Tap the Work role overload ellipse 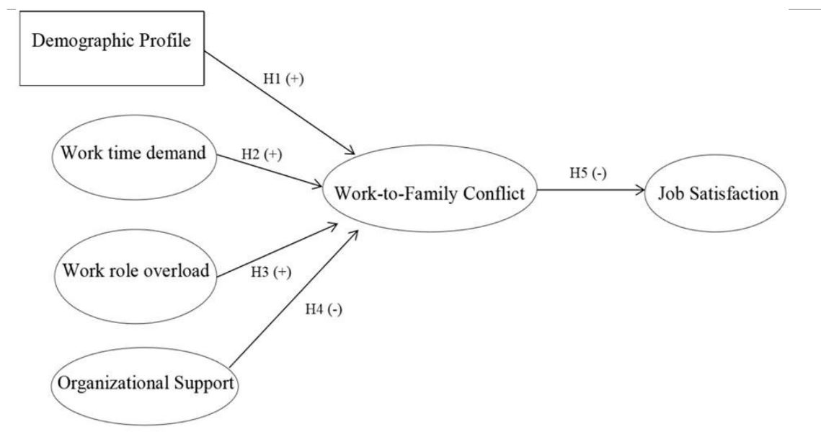(x=136, y=271)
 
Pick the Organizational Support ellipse (x=143, y=383)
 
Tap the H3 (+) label (x=270, y=273)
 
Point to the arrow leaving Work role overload (x=278, y=250)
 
